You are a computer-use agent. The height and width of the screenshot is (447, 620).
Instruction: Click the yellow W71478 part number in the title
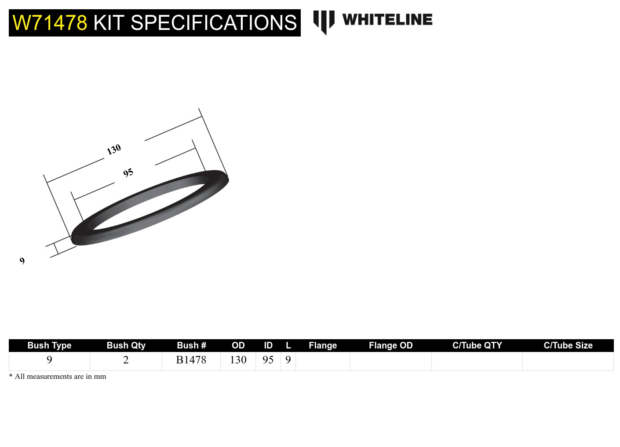(x=50, y=23)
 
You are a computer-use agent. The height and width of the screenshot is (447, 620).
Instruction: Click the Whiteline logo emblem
(x=324, y=22)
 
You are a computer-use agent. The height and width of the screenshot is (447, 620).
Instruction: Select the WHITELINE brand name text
(x=387, y=20)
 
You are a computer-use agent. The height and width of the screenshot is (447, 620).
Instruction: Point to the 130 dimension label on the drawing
(x=114, y=150)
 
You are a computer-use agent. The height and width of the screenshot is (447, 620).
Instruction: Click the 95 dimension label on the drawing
(x=128, y=173)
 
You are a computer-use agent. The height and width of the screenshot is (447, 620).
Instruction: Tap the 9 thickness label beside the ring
(x=22, y=261)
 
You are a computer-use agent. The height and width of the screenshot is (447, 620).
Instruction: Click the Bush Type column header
(x=49, y=345)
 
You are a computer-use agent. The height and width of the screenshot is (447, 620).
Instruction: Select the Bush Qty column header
(x=126, y=345)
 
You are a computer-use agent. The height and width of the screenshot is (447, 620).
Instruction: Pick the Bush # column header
(x=191, y=345)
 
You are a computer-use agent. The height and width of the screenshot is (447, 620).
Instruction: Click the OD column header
(x=238, y=345)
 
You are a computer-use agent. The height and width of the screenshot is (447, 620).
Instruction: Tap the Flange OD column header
(x=390, y=345)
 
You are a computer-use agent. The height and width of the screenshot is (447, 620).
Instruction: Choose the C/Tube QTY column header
(x=477, y=345)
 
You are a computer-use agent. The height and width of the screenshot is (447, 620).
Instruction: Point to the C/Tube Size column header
(x=568, y=345)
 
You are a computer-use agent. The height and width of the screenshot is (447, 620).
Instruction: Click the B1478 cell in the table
(x=191, y=360)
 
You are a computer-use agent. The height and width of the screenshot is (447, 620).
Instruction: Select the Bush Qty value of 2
(x=126, y=360)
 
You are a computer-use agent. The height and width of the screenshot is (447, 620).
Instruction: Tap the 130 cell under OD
(x=238, y=360)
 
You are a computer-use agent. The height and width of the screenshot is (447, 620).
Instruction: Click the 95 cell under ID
(x=268, y=360)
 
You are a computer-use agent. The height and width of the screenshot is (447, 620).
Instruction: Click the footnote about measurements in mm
(x=58, y=377)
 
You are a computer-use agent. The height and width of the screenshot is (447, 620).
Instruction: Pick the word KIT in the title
(x=109, y=23)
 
